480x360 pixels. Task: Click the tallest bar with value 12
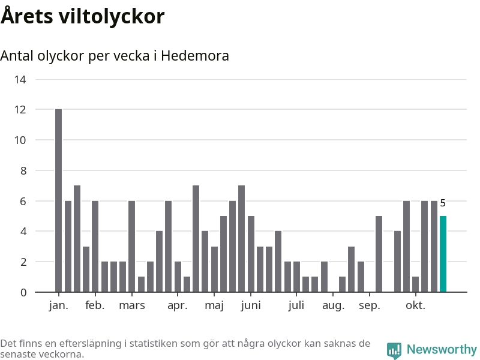tap(58, 200)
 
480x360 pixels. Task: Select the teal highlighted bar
tap(443, 254)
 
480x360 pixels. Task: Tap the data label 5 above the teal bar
tap(443, 203)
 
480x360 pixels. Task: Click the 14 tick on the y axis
tap(20, 79)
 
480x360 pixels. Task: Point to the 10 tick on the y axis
tap(20, 140)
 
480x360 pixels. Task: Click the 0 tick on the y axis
tap(23, 293)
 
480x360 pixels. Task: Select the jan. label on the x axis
tap(58, 305)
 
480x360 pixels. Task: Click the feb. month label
tap(95, 305)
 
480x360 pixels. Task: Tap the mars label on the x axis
tap(132, 305)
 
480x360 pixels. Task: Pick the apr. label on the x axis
tap(178, 305)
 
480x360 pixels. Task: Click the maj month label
tap(214, 305)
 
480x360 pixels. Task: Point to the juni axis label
tap(251, 305)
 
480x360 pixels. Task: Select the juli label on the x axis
tap(296, 305)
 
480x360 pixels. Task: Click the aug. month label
tap(333, 305)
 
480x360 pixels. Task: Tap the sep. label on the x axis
tap(370, 305)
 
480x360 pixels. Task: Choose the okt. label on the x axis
tap(415, 305)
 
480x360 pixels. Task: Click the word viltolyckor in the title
tap(111, 16)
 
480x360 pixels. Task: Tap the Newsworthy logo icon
tap(394, 350)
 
